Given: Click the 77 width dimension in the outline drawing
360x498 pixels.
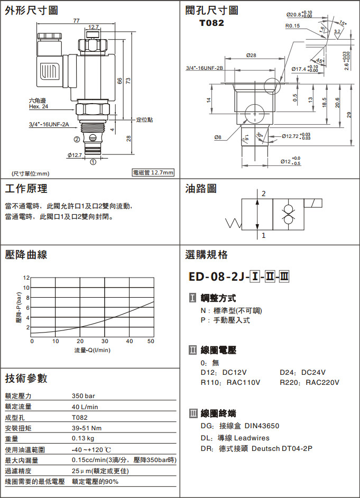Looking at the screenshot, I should (77, 21).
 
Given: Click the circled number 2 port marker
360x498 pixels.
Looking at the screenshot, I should (77, 140).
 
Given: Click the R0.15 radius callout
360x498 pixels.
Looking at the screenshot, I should (292, 25).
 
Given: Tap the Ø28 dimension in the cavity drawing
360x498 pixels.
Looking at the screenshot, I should (251, 56).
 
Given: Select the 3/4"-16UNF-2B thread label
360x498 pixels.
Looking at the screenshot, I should (205, 68).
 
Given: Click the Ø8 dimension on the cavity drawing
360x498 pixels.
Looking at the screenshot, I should (217, 137).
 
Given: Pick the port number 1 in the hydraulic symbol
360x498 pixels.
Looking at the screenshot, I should (263, 235).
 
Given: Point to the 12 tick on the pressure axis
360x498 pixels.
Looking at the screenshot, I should (26, 278).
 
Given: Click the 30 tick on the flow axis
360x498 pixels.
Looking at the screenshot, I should (105, 341).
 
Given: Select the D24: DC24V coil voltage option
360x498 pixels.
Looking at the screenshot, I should (302, 372).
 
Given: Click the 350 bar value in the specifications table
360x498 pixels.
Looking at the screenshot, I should (84, 396).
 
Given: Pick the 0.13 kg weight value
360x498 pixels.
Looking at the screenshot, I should (83, 438).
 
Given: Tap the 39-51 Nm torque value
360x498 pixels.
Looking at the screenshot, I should (87, 428).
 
